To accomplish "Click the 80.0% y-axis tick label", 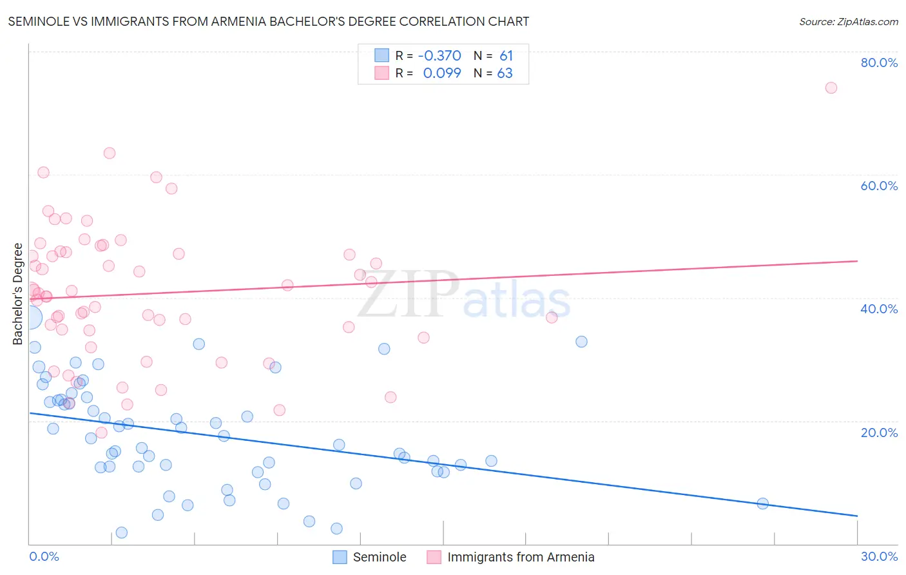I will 879,63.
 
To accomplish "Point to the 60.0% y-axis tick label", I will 879,186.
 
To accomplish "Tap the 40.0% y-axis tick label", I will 879,309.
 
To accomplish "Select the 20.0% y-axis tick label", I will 879,432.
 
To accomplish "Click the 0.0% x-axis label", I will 44,556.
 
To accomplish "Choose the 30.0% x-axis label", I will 879,556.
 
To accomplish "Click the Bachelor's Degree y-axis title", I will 18,294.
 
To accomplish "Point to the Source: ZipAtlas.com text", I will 848,21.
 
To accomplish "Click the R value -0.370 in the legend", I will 439,55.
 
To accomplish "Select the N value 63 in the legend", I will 505,73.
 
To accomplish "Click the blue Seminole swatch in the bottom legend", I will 340,557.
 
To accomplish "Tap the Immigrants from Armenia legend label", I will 521,557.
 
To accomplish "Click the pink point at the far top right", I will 831,88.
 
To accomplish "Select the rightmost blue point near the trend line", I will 763,503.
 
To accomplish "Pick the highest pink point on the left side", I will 110,153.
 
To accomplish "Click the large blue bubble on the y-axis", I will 30,317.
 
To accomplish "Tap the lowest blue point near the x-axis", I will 121,532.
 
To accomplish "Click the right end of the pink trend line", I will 857,261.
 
